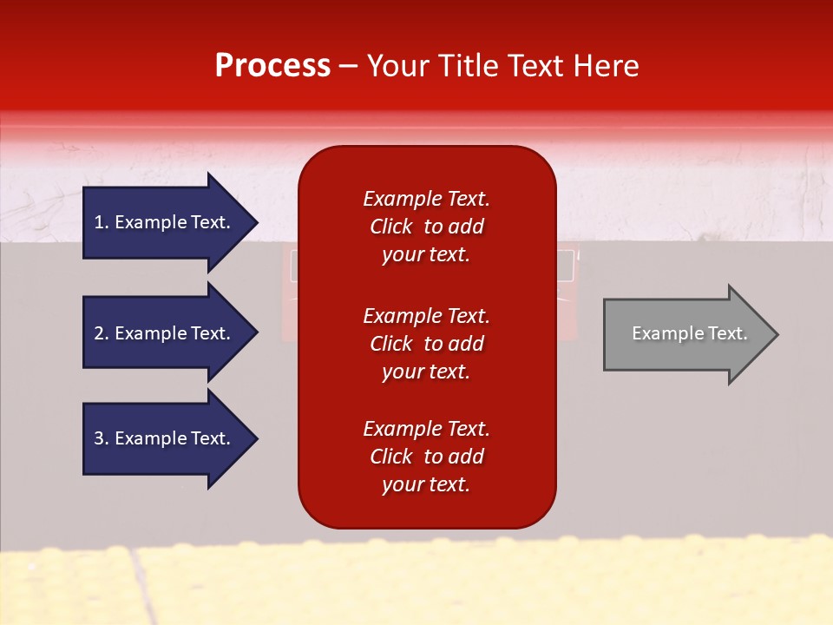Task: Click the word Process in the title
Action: click(272, 66)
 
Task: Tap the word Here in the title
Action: click(605, 66)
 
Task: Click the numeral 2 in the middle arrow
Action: click(98, 333)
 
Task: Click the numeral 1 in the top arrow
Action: click(98, 222)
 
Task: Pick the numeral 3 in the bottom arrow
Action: click(98, 438)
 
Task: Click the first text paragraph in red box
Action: click(426, 227)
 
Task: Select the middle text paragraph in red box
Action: click(426, 344)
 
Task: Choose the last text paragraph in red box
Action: click(426, 457)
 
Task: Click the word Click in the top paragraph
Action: click(391, 227)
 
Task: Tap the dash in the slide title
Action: click(348, 66)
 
